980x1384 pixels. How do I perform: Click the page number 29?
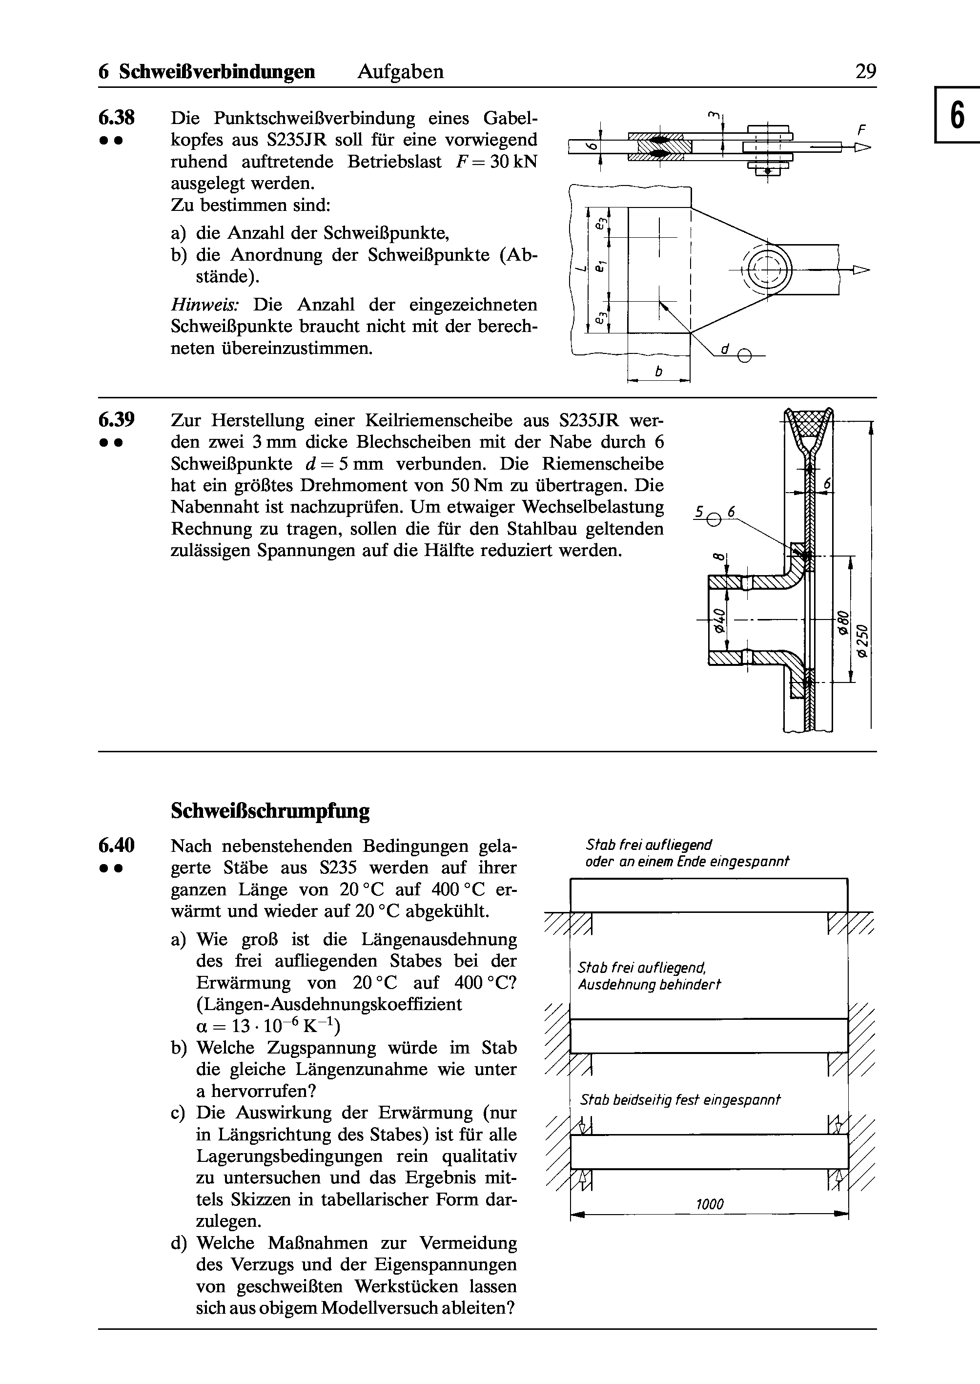pos(865,72)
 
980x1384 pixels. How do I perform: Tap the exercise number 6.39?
pos(117,419)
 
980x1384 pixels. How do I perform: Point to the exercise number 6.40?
pos(117,845)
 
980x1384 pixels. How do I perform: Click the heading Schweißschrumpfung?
pos(270,810)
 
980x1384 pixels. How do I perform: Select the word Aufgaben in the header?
pos(401,72)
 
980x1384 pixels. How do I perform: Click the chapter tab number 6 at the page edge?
pos(957,115)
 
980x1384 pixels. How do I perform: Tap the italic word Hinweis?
pos(209,304)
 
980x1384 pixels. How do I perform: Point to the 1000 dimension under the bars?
pos(710,1205)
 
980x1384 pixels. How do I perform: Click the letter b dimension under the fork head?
pos(659,372)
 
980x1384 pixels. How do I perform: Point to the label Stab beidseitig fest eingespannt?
pos(680,1100)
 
